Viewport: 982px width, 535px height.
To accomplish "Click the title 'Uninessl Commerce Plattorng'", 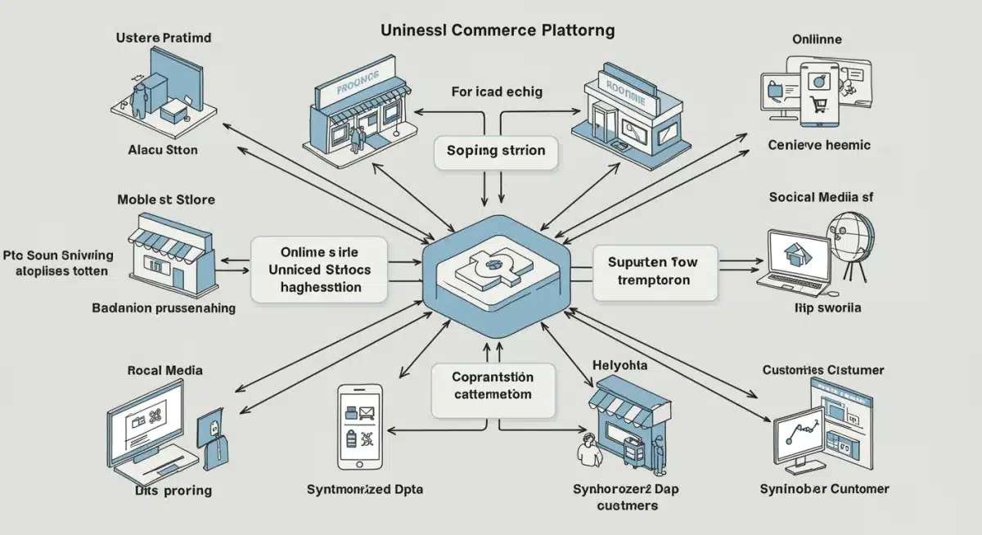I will pos(498,30).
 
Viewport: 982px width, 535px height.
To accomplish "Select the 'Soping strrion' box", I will pos(496,152).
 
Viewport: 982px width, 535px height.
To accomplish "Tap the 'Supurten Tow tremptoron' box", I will pos(654,272).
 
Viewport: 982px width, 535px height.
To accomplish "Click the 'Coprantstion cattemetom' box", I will pos(492,385).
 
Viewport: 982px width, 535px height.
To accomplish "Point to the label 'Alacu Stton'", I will pos(163,151).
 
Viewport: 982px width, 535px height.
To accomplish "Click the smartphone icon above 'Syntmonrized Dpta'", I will pos(359,427).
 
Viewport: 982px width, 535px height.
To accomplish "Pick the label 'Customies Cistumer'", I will pos(823,370).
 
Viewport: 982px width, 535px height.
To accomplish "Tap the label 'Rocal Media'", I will pos(164,370).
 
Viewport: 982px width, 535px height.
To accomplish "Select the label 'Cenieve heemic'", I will pos(819,145).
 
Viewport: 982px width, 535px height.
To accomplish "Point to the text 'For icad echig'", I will pos(497,92).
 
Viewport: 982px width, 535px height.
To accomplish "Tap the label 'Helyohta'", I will pos(619,364).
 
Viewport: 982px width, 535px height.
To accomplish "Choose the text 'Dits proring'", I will pos(173,491).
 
